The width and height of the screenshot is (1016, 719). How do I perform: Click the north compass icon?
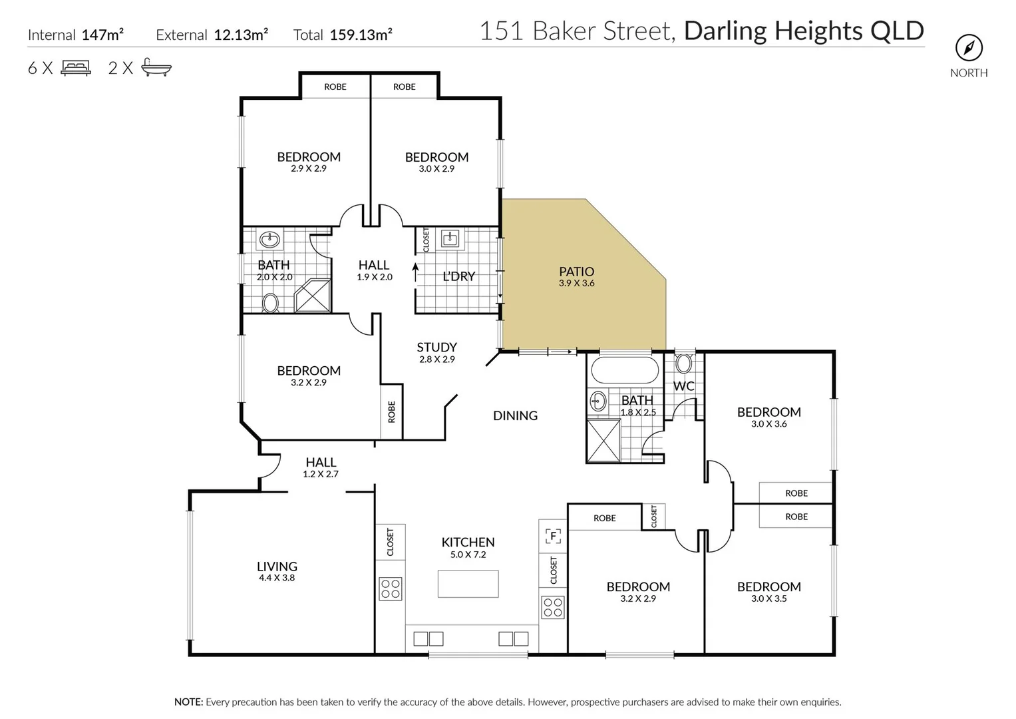point(969,48)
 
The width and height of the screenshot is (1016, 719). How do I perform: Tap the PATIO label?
point(576,272)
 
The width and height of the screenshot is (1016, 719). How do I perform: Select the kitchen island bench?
point(468,584)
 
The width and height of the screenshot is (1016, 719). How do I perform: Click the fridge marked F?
point(553,536)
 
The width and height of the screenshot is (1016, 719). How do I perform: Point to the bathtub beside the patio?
point(624,369)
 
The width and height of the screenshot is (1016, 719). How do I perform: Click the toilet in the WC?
point(683,364)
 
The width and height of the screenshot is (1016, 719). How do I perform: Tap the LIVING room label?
point(277,567)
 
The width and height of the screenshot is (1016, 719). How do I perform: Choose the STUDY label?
point(436,348)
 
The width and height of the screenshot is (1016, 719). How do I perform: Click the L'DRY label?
point(458,276)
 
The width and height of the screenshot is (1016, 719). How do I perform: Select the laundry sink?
point(451,238)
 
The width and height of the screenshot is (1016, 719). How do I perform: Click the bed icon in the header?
point(76,68)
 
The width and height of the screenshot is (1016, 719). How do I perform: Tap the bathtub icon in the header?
point(156,68)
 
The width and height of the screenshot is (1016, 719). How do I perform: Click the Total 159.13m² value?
point(361,35)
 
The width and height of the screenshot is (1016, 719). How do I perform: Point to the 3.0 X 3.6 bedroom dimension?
point(768,424)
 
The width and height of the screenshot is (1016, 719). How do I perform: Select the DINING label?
point(515,415)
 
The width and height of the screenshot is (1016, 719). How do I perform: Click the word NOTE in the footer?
point(188,702)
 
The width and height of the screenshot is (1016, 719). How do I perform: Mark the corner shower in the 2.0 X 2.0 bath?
point(313,296)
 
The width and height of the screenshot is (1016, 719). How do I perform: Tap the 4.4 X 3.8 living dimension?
point(277,578)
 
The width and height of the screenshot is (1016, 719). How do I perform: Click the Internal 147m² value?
point(102,35)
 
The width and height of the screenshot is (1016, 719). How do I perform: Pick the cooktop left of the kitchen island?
point(391,589)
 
